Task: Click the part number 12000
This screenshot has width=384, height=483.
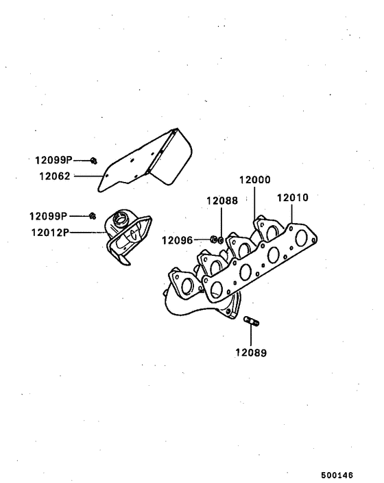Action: (254, 179)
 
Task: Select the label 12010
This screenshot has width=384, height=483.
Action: (293, 198)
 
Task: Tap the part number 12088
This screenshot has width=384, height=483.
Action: (222, 201)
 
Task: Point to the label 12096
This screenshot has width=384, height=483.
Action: (177, 240)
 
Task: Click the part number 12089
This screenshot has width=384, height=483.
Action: (251, 353)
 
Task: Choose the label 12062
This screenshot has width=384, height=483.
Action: (55, 177)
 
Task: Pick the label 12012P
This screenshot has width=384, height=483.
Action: (50, 232)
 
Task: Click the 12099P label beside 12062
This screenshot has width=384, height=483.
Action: (53, 160)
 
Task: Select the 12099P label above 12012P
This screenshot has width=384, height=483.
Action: (48, 216)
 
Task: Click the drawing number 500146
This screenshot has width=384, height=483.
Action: (337, 475)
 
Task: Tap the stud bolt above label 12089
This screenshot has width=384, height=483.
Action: (252, 321)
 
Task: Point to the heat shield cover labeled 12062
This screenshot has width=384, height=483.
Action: (145, 160)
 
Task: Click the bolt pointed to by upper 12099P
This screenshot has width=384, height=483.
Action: (93, 161)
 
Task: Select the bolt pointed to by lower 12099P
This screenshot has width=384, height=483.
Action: (93, 216)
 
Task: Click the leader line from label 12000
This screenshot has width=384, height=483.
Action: (254, 203)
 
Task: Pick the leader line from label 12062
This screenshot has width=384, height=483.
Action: (88, 177)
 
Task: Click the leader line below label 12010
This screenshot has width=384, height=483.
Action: (291, 213)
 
